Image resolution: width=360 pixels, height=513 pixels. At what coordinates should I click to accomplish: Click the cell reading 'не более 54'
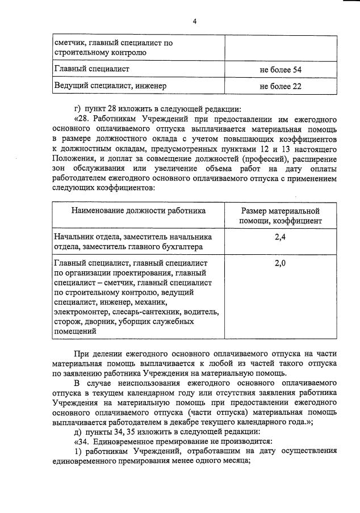[281, 69]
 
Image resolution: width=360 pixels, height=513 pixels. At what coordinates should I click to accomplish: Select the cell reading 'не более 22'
[281, 86]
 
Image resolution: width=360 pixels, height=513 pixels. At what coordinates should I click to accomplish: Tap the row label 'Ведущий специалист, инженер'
[111, 86]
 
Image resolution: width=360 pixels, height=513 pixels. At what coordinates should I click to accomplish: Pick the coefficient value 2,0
[281, 263]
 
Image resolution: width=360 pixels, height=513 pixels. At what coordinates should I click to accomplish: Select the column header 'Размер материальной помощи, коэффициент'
[281, 216]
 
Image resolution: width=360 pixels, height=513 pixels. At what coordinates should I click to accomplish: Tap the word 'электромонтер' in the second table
[80, 312]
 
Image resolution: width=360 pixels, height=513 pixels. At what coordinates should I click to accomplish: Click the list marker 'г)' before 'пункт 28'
[78, 110]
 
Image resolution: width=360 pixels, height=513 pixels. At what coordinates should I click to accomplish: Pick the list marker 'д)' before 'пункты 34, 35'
[78, 432]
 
